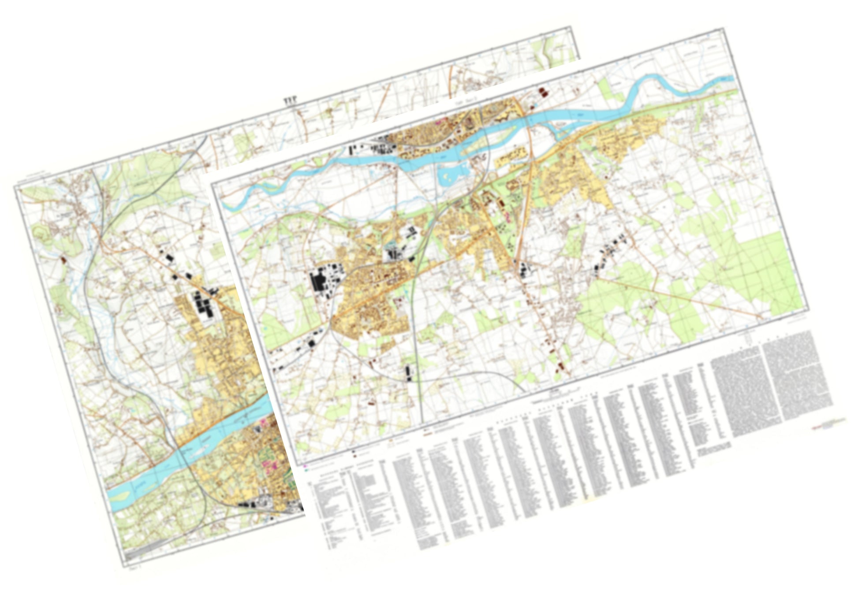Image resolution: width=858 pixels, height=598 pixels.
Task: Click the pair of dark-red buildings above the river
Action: click(x=542, y=92)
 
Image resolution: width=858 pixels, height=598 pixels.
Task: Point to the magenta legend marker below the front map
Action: click(x=306, y=465)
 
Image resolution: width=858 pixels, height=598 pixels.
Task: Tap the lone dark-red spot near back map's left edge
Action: click(x=63, y=260)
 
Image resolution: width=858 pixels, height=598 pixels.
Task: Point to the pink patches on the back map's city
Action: click(x=266, y=463)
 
